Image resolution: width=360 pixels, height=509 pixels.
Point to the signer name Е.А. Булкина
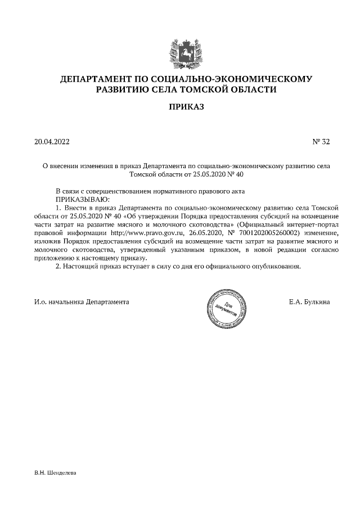click(309, 302)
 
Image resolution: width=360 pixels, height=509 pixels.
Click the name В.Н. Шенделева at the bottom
click(55, 473)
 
